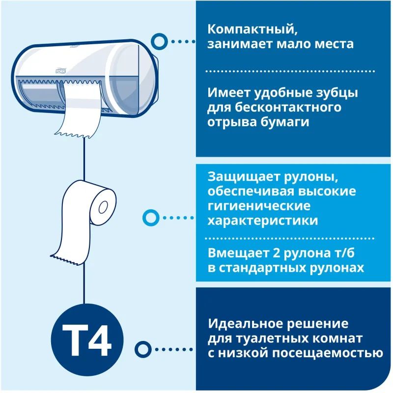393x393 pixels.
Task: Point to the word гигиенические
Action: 259,206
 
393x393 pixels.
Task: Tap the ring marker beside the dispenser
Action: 158,42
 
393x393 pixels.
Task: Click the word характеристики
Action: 263,221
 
